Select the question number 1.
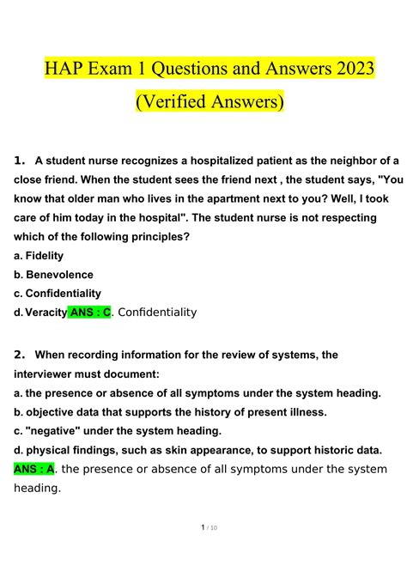click(21, 160)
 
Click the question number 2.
click(21, 354)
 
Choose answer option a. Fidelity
click(39, 255)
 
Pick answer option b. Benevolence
click(53, 274)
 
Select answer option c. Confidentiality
click(58, 293)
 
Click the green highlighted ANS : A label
click(34, 469)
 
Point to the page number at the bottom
click(203, 551)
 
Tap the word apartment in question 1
click(255, 198)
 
